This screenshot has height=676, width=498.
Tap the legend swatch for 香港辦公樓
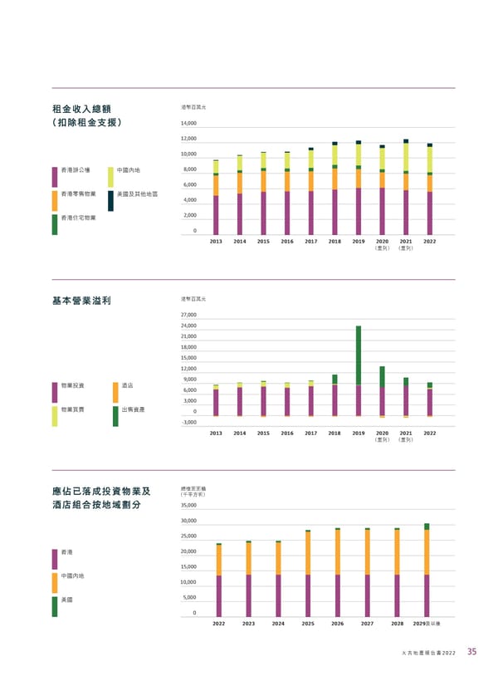[x=55, y=176]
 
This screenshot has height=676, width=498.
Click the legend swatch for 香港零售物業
[x=55, y=199]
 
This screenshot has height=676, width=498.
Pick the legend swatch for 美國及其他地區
[x=111, y=199]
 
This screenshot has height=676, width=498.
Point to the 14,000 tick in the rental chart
[x=188, y=124]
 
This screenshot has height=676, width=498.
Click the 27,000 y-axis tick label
[x=188, y=316]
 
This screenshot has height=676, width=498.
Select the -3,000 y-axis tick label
[x=188, y=423]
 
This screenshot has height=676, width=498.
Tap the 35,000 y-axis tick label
[x=188, y=505]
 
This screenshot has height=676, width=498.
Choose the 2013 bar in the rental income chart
[x=216, y=198]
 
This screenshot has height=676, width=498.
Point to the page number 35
[x=471, y=652]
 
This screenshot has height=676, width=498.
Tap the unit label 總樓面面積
[x=193, y=488]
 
